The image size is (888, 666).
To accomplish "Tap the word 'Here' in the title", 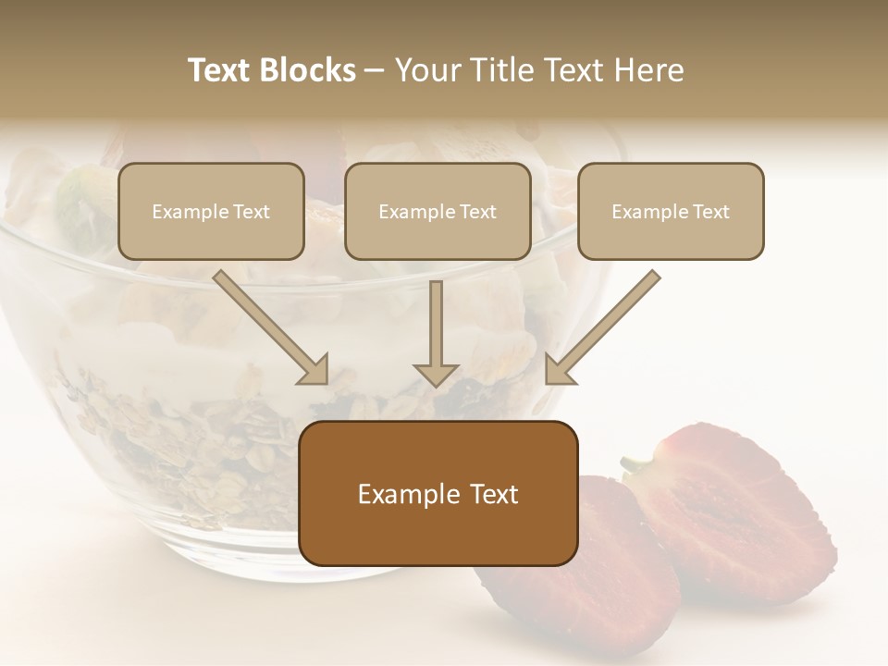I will [647, 70].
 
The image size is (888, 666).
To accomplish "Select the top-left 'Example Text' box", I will [211, 212].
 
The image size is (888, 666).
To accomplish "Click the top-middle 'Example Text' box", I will [438, 212].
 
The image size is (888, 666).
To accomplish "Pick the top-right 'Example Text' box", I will [671, 212].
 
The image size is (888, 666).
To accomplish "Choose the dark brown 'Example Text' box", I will [438, 493].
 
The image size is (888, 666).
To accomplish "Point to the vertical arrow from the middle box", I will [436, 324].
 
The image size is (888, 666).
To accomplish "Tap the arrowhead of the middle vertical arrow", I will [436, 374].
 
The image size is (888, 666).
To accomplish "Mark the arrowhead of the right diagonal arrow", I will [559, 370].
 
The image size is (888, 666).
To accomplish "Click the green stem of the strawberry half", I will [636, 462].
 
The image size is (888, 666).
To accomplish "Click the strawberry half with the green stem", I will [731, 509].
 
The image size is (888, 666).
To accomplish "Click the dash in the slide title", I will [376, 70].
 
